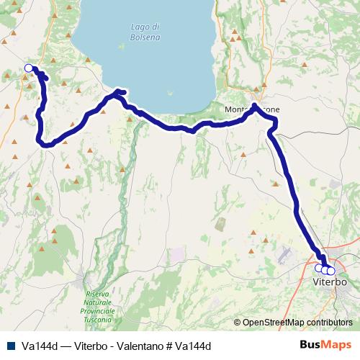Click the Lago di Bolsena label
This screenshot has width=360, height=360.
[145, 32]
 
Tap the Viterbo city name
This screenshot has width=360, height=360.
[330, 282]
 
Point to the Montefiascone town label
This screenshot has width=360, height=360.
[251, 109]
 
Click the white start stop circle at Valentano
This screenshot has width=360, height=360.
[29, 68]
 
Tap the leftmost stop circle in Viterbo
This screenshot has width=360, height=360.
[319, 269]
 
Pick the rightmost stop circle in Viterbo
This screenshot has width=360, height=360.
[331, 271]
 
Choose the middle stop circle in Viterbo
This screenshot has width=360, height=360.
[325, 270]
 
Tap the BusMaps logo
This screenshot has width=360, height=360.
[330, 345]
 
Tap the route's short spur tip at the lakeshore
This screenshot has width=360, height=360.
[125, 91]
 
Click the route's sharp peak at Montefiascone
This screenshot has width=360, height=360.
[255, 107]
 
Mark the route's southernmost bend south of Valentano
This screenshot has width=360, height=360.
[48, 145]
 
